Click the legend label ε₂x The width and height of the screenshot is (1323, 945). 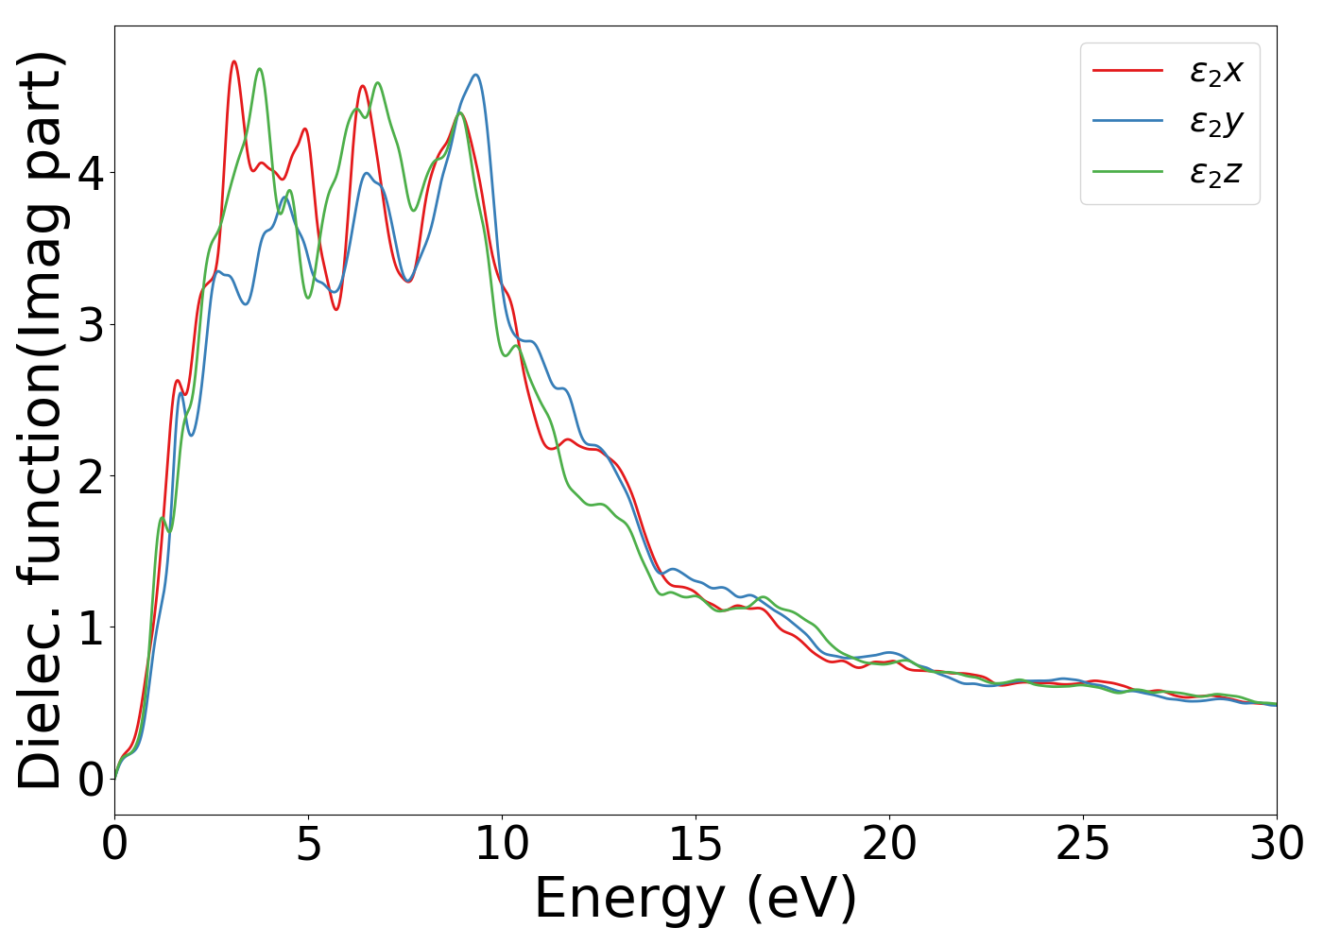1215,71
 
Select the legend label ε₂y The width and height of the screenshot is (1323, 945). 1215,122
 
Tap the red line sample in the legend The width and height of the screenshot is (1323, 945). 1127,70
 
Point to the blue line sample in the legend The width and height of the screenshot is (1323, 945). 1127,121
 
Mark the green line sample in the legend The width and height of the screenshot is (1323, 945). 1127,171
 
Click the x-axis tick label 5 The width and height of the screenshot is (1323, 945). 308,844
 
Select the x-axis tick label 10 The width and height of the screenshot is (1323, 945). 502,844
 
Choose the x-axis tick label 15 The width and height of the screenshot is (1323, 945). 696,844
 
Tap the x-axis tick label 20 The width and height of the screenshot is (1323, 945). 889,844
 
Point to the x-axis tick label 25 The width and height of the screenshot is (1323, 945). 1083,844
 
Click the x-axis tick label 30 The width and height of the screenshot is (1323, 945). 1277,844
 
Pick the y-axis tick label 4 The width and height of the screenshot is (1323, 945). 90,174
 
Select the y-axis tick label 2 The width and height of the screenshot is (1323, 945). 90,476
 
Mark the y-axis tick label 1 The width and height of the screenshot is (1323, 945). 90,627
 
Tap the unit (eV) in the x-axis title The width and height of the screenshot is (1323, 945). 801,899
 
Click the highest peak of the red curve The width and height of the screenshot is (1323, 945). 233,61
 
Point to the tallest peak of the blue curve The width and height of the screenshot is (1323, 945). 475,75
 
